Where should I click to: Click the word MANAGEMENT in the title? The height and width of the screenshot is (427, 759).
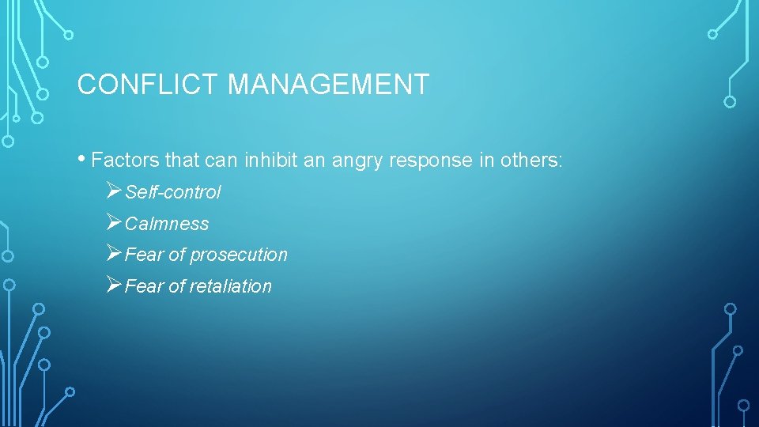point(328,84)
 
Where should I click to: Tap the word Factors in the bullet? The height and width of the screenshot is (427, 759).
point(126,161)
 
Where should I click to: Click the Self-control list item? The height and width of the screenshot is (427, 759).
point(173,192)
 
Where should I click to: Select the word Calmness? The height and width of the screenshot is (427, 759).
point(167,224)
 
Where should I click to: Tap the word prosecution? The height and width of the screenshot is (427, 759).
point(239,255)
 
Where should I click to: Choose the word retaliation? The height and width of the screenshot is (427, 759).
point(231,286)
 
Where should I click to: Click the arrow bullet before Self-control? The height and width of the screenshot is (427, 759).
point(113,191)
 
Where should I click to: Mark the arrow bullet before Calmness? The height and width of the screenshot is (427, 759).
point(113,223)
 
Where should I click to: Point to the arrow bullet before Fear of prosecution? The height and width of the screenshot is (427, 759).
point(113,254)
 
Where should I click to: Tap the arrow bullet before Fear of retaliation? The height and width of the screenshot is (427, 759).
point(113,285)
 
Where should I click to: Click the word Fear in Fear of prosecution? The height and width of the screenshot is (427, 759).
point(143,255)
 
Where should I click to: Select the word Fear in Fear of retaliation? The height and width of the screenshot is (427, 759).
point(143,286)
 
